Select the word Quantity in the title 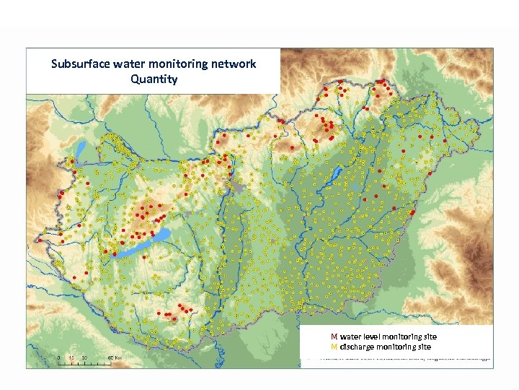[x=154, y=79]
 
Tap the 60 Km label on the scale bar [x=114, y=357]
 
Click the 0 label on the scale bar [x=59, y=357]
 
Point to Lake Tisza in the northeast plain [x=336, y=175]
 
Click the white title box [x=153, y=71]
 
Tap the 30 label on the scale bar [x=84, y=357]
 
